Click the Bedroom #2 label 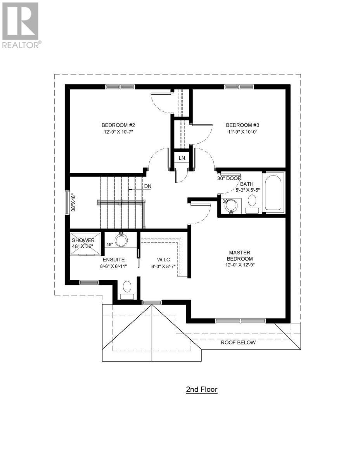[x=118, y=125]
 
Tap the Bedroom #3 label [x=242, y=125]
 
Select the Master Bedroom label [x=241, y=256]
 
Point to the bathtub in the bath [x=274, y=191]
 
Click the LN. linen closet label [x=182, y=158]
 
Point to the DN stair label [x=147, y=186]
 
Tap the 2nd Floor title [x=202, y=389]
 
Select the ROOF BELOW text [x=238, y=343]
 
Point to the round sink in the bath [x=232, y=205]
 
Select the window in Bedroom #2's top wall [x=120, y=87]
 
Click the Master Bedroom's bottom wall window [x=241, y=320]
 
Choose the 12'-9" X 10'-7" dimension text [x=118, y=132]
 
